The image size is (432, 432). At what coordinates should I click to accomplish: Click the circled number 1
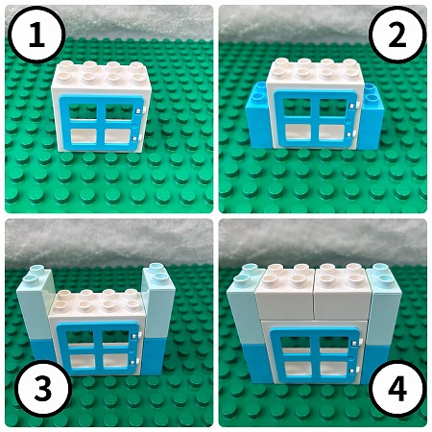tap(36, 36)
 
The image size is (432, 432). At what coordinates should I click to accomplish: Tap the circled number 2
tap(397, 36)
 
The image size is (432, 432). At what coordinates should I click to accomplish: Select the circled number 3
tap(43, 388)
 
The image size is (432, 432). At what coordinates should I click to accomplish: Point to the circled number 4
tap(397, 388)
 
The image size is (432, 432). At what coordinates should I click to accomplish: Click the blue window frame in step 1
tap(61, 123)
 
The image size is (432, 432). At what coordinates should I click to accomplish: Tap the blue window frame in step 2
tap(276, 119)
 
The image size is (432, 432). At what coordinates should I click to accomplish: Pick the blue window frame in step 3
tap(60, 348)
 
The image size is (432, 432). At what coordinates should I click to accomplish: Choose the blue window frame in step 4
tap(273, 356)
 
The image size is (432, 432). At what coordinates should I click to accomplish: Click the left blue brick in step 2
tap(259, 118)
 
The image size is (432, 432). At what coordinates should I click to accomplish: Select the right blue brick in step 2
tap(372, 117)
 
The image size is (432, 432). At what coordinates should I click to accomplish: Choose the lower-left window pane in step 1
tap(84, 136)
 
